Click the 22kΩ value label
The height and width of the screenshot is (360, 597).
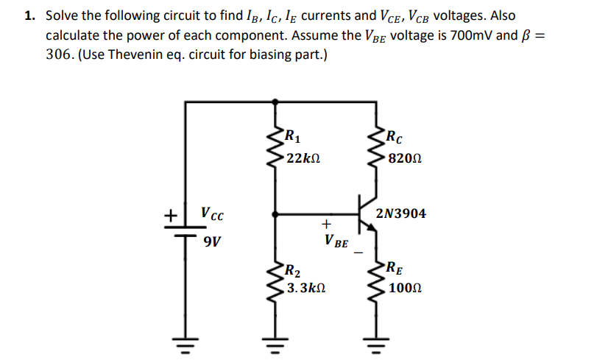click(x=303, y=158)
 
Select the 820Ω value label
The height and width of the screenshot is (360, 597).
click(x=404, y=158)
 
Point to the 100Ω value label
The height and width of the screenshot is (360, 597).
click(x=404, y=289)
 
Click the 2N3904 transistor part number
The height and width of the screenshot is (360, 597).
click(x=400, y=214)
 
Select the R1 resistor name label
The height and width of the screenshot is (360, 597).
click(x=293, y=135)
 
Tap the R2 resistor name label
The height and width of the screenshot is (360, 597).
click(x=292, y=269)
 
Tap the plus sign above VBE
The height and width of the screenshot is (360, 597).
click(x=326, y=222)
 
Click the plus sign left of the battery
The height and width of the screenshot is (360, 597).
click(x=169, y=216)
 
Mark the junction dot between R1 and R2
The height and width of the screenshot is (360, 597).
click(x=275, y=215)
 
